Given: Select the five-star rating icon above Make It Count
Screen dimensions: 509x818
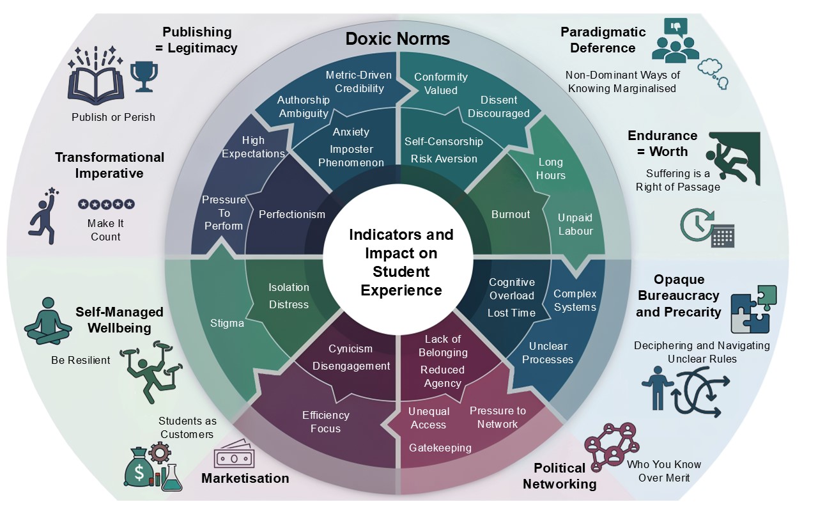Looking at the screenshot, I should [x=106, y=204].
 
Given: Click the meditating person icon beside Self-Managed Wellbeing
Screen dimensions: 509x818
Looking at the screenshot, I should [x=47, y=319].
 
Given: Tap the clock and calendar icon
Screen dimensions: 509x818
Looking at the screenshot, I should [x=707, y=227].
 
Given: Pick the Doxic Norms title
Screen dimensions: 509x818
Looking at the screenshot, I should [x=397, y=38].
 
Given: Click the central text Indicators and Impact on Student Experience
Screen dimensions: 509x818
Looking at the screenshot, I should [x=401, y=262].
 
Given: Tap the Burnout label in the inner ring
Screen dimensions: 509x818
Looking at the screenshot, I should [x=511, y=214].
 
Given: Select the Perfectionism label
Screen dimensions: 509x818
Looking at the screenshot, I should [x=291, y=214].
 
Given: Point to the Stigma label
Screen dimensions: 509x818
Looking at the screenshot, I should [x=227, y=323].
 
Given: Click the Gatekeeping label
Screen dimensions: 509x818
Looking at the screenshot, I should [x=440, y=448].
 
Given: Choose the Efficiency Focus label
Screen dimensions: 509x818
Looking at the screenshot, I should [x=326, y=422].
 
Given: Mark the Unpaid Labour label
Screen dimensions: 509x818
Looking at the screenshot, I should [x=575, y=224].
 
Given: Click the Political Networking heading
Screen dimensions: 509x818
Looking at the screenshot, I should [x=560, y=476].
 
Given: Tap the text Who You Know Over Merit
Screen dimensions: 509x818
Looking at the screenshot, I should [x=663, y=471].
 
